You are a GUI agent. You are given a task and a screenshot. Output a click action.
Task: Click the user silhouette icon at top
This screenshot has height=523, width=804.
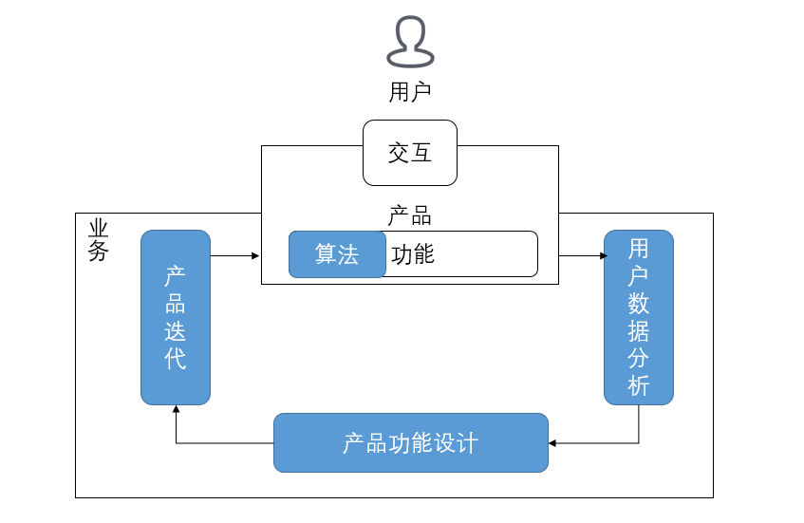(410, 43)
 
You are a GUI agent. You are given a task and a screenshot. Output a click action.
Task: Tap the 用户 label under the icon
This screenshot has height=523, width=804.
(410, 92)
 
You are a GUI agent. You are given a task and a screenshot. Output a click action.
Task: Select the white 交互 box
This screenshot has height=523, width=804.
(410, 153)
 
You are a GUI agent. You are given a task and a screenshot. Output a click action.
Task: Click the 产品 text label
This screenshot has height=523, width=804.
(410, 216)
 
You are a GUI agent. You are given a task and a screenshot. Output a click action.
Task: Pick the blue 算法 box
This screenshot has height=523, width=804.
(337, 254)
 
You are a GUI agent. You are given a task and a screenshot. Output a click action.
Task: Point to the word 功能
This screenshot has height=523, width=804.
(413, 254)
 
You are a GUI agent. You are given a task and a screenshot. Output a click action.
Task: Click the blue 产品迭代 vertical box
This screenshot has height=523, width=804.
(176, 317)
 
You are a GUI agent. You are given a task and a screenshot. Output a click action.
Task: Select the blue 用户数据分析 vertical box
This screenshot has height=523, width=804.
(639, 317)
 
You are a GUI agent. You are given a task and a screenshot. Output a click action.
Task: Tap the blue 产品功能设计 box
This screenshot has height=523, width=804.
(411, 442)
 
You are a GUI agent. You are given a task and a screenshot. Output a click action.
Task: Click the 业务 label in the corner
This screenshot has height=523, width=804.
(99, 240)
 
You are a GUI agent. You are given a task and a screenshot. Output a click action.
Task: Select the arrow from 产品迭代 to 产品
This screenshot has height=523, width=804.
(234, 255)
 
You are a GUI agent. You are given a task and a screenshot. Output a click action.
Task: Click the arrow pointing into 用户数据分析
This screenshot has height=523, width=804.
(583, 255)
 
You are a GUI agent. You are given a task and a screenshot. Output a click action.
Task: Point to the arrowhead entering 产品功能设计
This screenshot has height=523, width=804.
(553, 442)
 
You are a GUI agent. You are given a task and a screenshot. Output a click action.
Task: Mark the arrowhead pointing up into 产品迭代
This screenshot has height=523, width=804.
(176, 410)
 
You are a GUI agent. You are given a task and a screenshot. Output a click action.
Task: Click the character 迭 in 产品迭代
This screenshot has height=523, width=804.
(176, 331)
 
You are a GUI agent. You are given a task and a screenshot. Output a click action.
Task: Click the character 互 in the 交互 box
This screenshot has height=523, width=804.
(421, 153)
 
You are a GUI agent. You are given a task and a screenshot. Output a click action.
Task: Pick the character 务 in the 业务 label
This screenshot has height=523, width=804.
(99, 252)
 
